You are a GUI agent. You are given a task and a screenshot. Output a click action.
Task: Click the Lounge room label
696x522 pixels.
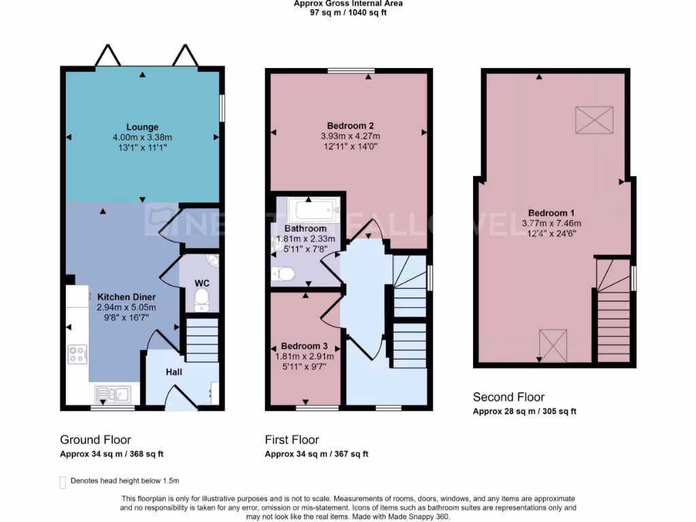point(142,126)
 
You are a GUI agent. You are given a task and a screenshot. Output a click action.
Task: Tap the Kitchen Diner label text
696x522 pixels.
point(126,297)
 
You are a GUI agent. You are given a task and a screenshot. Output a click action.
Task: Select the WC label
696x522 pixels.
point(201,282)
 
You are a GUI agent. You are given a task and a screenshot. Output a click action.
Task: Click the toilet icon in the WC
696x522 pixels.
point(202,300)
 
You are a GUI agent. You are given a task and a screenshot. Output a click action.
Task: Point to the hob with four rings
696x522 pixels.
point(77,354)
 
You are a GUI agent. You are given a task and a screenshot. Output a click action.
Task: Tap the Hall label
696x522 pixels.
point(174,372)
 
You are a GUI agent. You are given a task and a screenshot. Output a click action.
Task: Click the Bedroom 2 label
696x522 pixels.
point(351,126)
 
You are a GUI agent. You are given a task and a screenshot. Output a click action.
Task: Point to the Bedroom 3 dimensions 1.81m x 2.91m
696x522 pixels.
point(304,356)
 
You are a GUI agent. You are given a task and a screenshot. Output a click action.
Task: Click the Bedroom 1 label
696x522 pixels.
point(551,212)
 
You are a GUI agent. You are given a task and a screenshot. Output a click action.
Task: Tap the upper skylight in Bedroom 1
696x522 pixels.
point(595,120)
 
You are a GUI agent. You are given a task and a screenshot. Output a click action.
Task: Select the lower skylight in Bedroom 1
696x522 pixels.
point(553,345)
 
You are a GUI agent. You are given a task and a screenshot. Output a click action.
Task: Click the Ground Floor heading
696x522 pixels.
point(95,440)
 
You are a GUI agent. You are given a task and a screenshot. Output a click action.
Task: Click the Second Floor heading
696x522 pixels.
point(508,397)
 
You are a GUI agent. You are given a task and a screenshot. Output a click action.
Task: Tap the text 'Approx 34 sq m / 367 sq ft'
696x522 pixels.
point(316,454)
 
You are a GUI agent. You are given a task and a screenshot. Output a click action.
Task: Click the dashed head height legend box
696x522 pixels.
point(63,481)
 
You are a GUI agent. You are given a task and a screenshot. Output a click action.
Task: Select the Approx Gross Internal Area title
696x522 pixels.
point(348,3)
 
